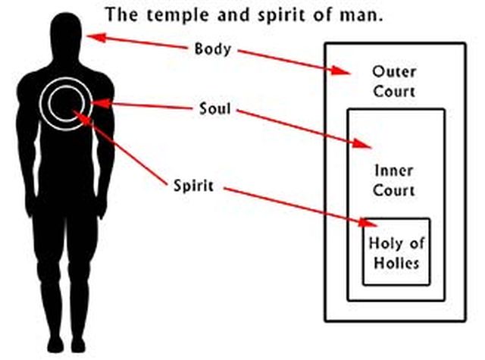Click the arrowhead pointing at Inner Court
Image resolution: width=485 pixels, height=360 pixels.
[365, 144]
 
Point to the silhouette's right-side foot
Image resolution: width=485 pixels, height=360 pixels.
[82, 346]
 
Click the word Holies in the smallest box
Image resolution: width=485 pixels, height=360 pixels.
[396, 265]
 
